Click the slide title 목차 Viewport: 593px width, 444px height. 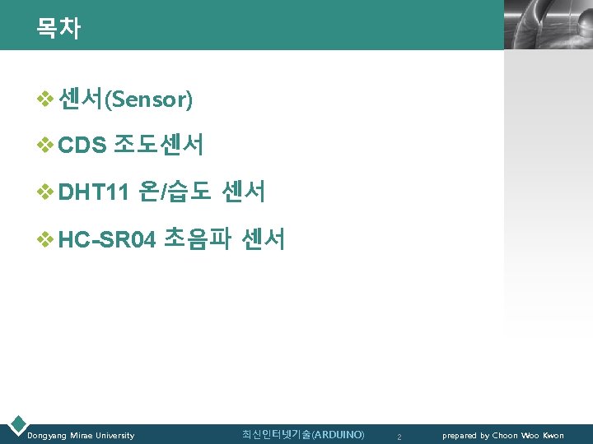pyautogui.click(x=58, y=29)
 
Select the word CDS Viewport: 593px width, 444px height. pyautogui.click(x=83, y=146)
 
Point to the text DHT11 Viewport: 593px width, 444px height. pyautogui.click(x=94, y=193)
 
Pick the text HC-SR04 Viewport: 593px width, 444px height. pyautogui.click(x=107, y=240)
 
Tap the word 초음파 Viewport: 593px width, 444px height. pyautogui.click(x=198, y=240)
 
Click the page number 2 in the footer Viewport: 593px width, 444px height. pyautogui.click(x=399, y=436)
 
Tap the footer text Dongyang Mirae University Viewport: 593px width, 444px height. pyautogui.click(x=81, y=435)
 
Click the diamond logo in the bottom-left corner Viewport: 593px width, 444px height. pyautogui.click(x=16, y=425)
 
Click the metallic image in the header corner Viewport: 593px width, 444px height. pyautogui.click(x=547, y=25)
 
